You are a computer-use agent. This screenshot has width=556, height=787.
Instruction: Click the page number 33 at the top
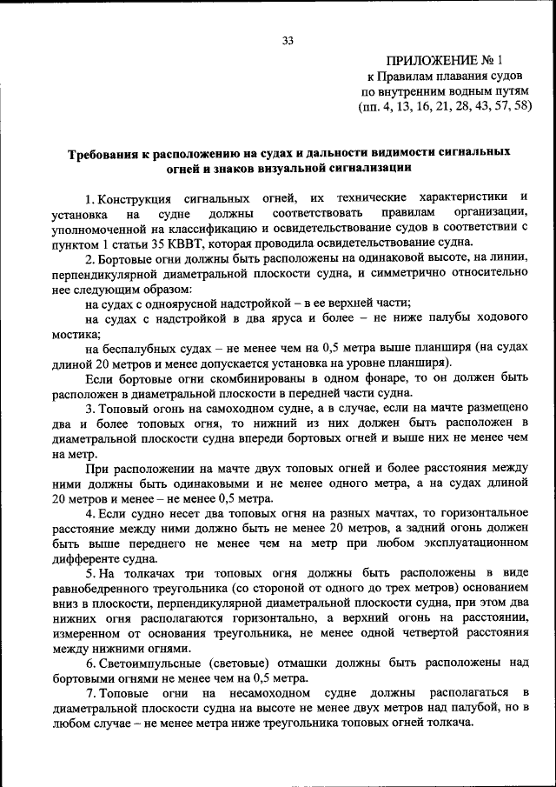288,40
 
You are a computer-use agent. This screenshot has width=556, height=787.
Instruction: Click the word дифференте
87,557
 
